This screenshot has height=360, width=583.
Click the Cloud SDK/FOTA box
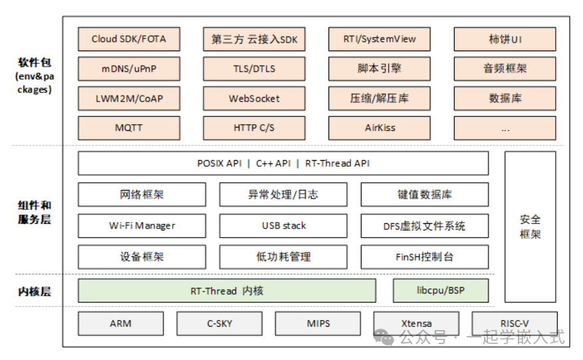(129, 39)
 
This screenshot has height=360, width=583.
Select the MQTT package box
(129, 128)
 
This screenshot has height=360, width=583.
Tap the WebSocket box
(254, 98)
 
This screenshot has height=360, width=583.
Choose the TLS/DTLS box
(254, 68)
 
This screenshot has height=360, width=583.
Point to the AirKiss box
(380, 128)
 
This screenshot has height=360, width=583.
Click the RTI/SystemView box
(380, 39)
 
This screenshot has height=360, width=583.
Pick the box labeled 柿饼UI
(505, 39)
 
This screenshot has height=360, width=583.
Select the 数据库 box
(505, 98)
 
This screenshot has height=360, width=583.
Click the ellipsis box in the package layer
(505, 128)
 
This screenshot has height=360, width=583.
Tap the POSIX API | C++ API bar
(283, 163)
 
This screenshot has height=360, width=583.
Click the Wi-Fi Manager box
(142, 226)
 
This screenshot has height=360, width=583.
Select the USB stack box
(283, 226)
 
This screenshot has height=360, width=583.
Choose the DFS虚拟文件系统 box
(424, 226)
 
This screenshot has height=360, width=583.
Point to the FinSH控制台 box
(424, 256)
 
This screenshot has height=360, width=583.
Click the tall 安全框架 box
(530, 226)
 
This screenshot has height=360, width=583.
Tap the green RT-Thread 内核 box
(227, 291)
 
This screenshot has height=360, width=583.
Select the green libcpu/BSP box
(441, 291)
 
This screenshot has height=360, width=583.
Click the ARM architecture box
(120, 323)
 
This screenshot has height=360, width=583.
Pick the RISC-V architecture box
(515, 323)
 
